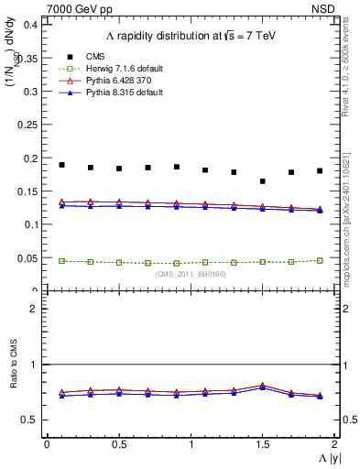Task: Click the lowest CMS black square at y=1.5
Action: [x=263, y=181]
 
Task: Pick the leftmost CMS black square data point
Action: [x=61, y=165]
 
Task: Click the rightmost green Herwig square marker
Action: [x=320, y=260]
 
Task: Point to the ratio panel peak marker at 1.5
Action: [x=263, y=386]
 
